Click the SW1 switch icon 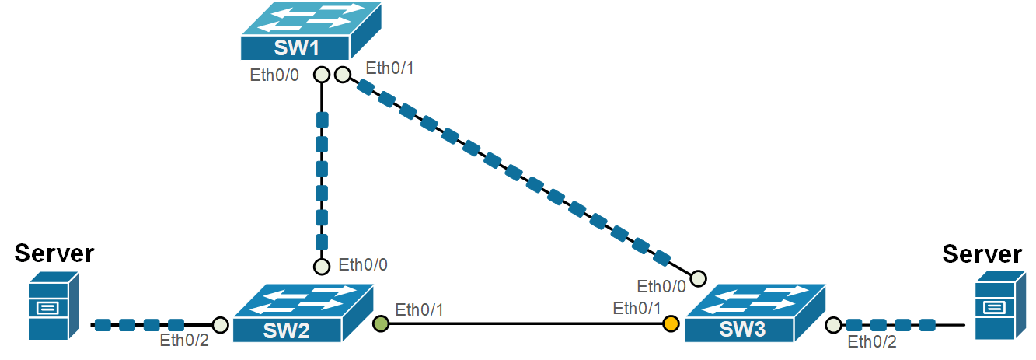coord(311,31)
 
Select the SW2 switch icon coord(303,313)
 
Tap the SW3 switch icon coord(755,313)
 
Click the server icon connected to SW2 coord(54,306)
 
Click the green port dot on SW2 coord(381,323)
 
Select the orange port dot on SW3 coord(671,323)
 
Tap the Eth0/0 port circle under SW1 coord(322,75)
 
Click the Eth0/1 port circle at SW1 coord(342,75)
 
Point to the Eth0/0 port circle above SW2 coord(322,267)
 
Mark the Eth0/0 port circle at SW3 coord(698,278)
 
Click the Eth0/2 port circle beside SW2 coord(221,325)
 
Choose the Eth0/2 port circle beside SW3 coord(833,325)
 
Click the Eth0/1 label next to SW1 coord(389,68)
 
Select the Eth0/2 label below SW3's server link coord(872,342)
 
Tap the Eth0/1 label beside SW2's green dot coord(419,310)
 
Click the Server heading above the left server coord(54,253)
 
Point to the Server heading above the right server coord(982,254)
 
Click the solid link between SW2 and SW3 coord(526,324)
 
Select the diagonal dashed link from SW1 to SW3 coord(520,177)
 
